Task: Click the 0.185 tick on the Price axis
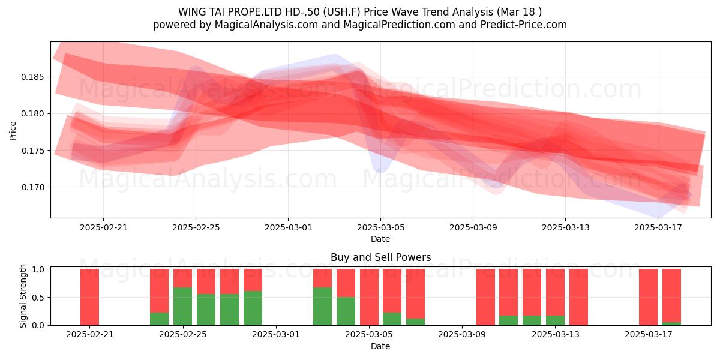tap(32, 77)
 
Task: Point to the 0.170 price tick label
tap(32, 187)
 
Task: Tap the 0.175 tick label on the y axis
tap(32, 151)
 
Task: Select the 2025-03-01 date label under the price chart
tap(289, 227)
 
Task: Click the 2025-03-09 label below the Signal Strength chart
tap(462, 334)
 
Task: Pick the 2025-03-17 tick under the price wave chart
tap(658, 227)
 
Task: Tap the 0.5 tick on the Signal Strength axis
tap(38, 298)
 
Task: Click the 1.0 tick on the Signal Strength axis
tap(38, 269)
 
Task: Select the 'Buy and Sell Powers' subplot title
tap(380, 257)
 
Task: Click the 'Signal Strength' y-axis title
tap(23, 296)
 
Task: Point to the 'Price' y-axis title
tap(13, 131)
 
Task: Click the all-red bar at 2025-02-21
tap(89, 297)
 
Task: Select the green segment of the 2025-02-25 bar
tap(182, 307)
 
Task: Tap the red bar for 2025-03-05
tap(370, 297)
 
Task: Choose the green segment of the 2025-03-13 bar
tap(555, 320)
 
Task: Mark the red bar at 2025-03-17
tap(649, 297)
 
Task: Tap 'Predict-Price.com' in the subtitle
tap(524, 25)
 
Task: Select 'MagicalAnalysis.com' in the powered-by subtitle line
tap(266, 25)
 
